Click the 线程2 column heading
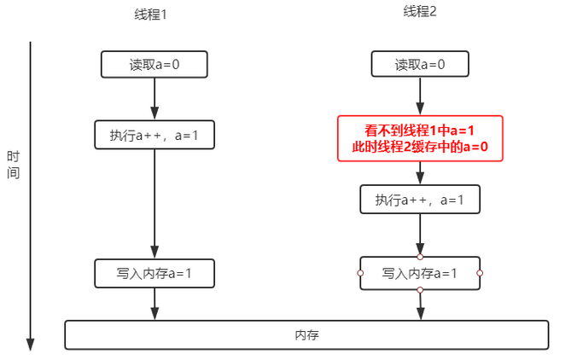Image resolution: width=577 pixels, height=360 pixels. (420, 11)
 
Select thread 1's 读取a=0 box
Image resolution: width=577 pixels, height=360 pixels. (154, 64)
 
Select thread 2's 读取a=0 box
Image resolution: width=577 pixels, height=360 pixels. (420, 64)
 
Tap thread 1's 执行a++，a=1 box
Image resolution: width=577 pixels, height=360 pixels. (154, 135)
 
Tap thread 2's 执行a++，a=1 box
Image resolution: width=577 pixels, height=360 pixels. (420, 200)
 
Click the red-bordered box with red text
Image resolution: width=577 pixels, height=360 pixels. (420, 138)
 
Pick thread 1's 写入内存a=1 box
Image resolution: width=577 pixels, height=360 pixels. (154, 273)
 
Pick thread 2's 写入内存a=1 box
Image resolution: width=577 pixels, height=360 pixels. (420, 273)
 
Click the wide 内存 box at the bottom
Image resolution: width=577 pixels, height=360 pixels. (306, 334)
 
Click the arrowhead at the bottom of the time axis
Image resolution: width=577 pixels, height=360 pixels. (31, 344)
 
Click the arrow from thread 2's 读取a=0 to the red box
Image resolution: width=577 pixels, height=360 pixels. (420, 96)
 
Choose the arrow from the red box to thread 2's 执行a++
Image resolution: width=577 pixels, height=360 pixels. (420, 173)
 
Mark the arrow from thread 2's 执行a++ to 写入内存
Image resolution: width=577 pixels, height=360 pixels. (420, 234)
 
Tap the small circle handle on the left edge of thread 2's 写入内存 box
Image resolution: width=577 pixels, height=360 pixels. (360, 273)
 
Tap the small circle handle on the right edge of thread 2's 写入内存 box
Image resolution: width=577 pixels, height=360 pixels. (480, 273)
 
